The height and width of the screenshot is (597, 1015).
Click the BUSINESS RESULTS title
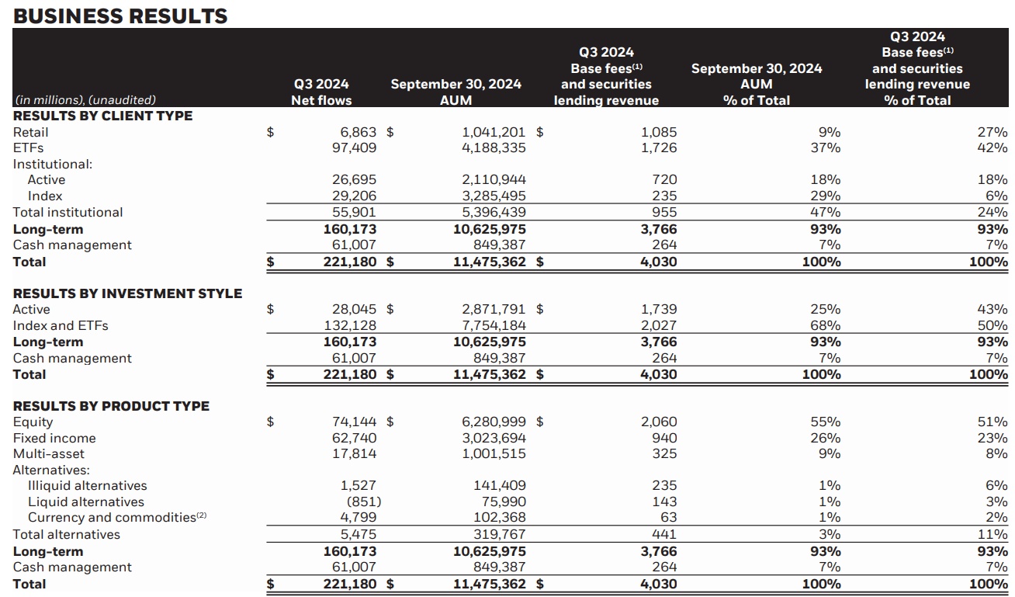(x=120, y=16)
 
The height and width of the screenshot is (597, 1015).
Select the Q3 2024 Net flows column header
(x=321, y=92)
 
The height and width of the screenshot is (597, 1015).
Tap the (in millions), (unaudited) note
(x=85, y=99)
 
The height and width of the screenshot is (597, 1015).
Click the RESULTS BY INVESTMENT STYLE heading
(x=127, y=293)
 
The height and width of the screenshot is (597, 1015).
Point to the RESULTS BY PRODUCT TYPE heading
(x=111, y=406)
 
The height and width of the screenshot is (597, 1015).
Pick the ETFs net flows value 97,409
(x=354, y=148)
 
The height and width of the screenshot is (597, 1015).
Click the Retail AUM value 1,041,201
(x=494, y=132)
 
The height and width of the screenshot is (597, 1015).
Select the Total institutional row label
(x=68, y=212)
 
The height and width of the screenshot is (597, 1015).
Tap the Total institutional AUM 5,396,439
(x=494, y=212)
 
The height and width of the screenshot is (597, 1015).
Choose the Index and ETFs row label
(x=61, y=325)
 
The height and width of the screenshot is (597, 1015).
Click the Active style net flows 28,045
(x=354, y=309)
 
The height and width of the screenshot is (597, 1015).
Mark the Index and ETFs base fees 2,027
(x=659, y=325)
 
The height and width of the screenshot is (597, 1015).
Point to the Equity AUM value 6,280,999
(x=494, y=422)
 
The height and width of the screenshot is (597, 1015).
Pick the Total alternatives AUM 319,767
(x=499, y=534)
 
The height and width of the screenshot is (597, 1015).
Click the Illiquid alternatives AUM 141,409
(x=499, y=485)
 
